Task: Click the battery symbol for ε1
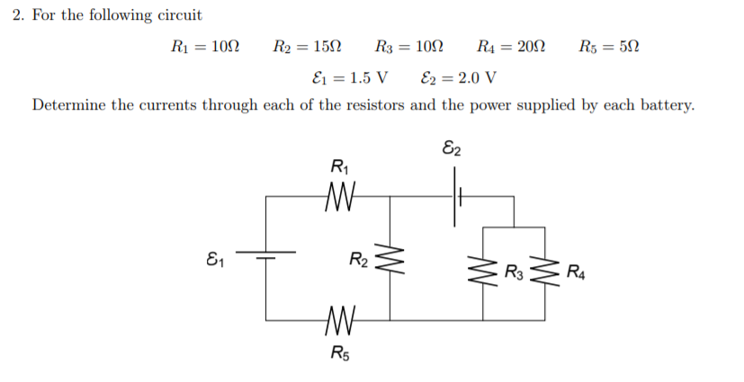(266, 257)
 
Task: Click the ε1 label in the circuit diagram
(215, 262)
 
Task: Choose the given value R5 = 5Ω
(612, 46)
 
